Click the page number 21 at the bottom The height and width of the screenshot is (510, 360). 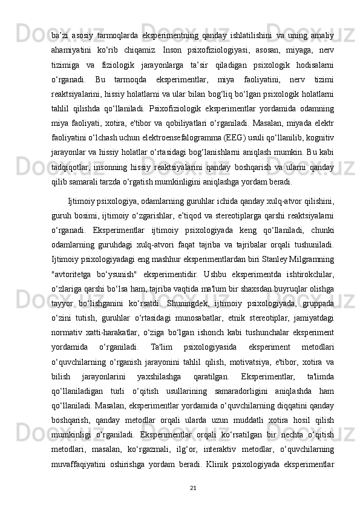point(192,487)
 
